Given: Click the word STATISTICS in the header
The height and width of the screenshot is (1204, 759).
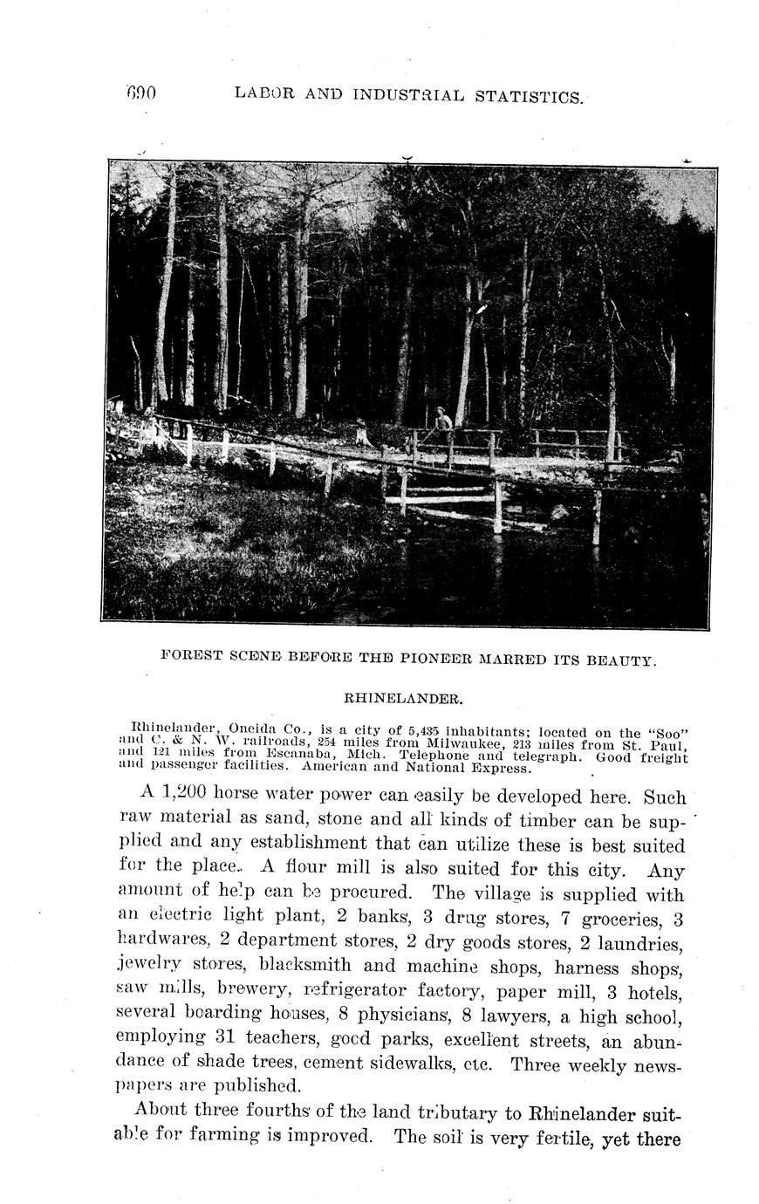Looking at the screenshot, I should point(528,96).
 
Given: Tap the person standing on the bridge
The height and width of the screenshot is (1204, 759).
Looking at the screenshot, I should point(443,421).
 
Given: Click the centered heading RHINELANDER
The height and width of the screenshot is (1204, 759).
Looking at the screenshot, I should point(402,699).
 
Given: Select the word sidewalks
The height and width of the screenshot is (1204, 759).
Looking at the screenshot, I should point(428,1064).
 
